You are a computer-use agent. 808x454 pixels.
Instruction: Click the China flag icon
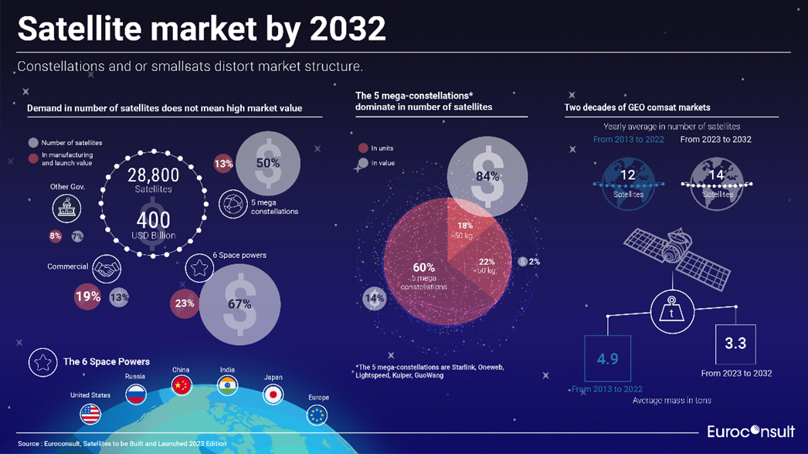pyautogui.click(x=182, y=385)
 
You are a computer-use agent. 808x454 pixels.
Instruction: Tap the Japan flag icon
pyautogui.click(x=273, y=395)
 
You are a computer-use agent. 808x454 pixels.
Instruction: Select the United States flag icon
pyautogui.click(x=90, y=414)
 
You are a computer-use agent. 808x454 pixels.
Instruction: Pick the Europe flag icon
pyautogui.click(x=317, y=415)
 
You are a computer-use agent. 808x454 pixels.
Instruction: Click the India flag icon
pyautogui.click(x=227, y=385)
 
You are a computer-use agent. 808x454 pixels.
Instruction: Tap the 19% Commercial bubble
pyautogui.click(x=87, y=296)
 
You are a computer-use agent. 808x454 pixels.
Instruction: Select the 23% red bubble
pyautogui.click(x=184, y=303)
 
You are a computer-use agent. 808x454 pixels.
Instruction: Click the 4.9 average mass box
pyautogui.click(x=608, y=358)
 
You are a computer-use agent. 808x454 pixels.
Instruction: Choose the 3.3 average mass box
pyautogui.click(x=735, y=344)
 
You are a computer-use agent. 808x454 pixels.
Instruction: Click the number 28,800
pyautogui.click(x=153, y=175)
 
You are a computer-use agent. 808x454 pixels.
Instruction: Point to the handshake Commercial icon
pyautogui.click(x=107, y=269)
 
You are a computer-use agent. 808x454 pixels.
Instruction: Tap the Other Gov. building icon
pyautogui.click(x=66, y=208)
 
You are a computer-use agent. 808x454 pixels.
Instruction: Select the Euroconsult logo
pyautogui.click(x=750, y=432)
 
